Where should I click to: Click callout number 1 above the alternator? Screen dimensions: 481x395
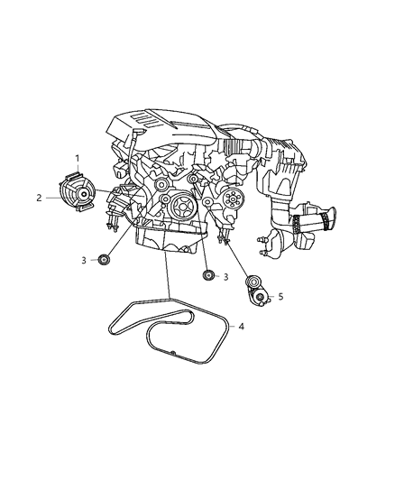click(77, 158)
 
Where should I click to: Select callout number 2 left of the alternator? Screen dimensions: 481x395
click(39, 198)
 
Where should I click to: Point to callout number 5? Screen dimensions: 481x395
click(280, 296)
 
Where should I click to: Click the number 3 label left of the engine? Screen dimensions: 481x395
click(83, 260)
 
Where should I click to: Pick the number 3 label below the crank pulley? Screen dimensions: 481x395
click(225, 276)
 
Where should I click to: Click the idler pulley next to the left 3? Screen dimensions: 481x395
click(106, 260)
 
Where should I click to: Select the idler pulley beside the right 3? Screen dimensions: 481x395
click(207, 275)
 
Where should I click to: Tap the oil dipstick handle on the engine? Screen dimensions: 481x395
click(134, 136)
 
